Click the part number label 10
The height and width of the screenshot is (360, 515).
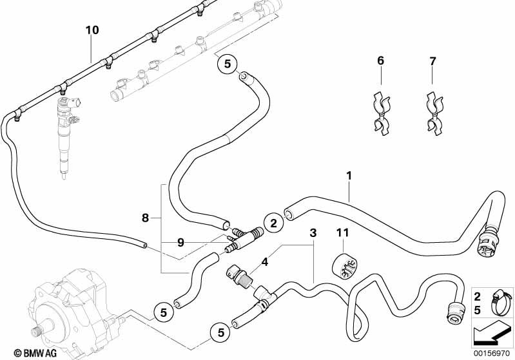[x=92, y=30]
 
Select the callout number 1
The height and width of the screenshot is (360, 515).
[x=349, y=175]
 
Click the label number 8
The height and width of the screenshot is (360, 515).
[x=146, y=218]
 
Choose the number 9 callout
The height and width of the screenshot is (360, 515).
[x=181, y=243]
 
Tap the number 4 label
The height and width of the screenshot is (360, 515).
[x=264, y=262]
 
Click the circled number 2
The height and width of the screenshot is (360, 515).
[x=273, y=223]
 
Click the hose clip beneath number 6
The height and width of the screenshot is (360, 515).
[x=380, y=114]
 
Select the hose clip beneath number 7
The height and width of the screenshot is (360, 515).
[x=432, y=114]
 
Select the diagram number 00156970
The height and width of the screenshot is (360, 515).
[x=492, y=353]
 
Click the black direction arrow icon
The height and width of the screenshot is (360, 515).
[x=492, y=333]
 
